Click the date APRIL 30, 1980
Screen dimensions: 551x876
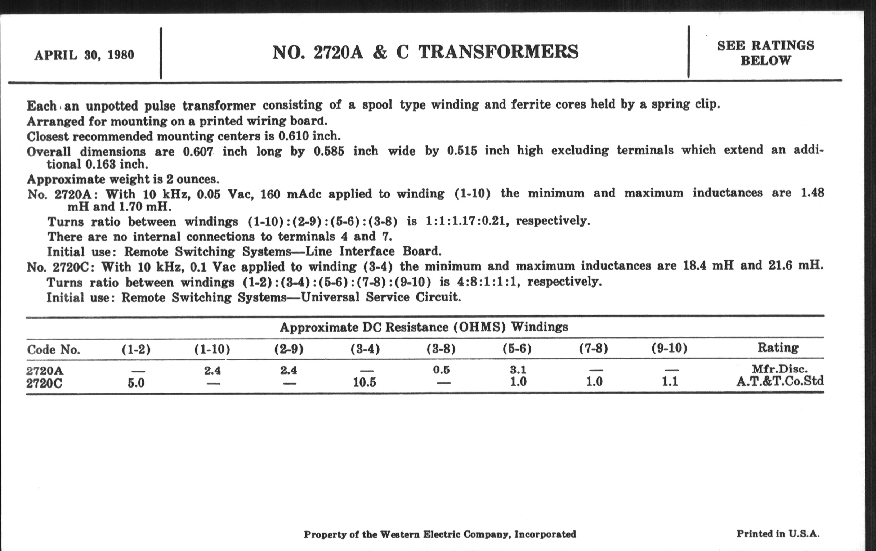click(84, 55)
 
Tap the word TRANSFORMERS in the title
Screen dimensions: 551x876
click(498, 52)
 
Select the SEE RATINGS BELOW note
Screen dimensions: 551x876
click(765, 53)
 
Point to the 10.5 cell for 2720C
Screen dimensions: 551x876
click(365, 382)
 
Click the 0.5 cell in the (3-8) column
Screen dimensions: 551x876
click(441, 370)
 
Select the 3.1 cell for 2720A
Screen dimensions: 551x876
click(518, 369)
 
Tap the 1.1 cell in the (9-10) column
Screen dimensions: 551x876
click(670, 381)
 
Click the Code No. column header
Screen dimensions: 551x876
click(53, 350)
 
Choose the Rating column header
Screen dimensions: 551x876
click(778, 348)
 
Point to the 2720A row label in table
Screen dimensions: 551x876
click(45, 371)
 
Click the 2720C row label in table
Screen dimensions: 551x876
click(44, 383)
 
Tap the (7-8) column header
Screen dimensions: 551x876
click(593, 348)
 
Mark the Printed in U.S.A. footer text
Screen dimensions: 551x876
click(778, 534)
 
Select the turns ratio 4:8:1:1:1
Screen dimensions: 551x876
click(487, 282)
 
